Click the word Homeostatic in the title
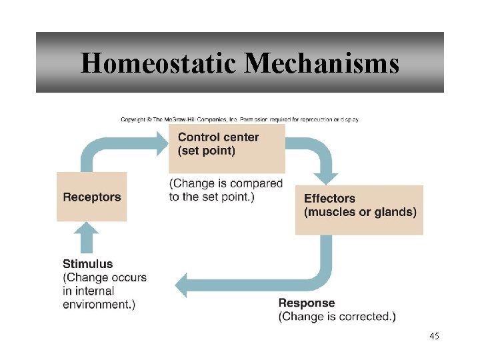159,63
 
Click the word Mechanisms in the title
322,63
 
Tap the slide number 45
434,336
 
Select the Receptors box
91,197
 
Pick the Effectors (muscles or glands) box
359,209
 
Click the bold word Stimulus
87,264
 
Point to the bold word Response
307,303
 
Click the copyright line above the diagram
239,119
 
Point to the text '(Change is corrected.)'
337,317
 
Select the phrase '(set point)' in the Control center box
207,151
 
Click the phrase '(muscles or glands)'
360,212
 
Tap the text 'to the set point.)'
211,197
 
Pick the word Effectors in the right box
329,199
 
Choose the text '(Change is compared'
226,183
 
